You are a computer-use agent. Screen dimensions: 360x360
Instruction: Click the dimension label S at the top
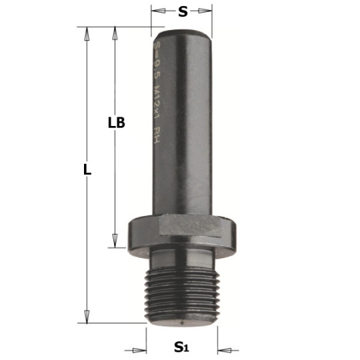(183, 11)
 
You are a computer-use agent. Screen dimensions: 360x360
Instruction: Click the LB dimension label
(117, 123)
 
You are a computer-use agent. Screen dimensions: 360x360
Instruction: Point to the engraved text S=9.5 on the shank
(157, 57)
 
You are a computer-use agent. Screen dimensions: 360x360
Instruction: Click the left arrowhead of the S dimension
(156, 11)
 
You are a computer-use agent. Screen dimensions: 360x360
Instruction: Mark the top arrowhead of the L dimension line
(87, 31)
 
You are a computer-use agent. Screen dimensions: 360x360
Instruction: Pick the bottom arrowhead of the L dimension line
(87, 319)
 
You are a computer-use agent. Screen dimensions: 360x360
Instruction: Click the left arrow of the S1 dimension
(142, 348)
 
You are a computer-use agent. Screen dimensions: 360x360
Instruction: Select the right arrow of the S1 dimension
(222, 348)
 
